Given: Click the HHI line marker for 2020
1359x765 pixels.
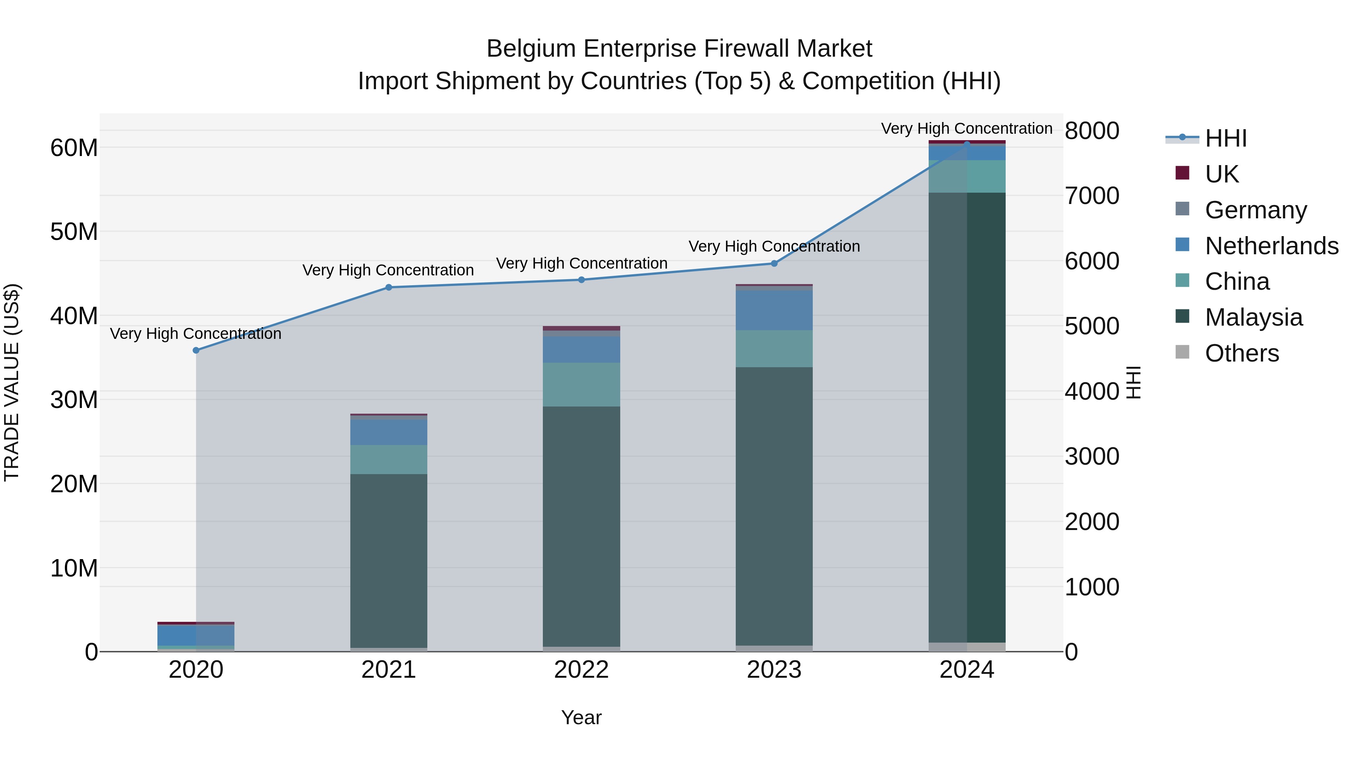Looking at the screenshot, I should coord(196,350).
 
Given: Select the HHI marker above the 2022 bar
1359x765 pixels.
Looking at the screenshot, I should coord(581,280).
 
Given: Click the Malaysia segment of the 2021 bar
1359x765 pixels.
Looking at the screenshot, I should coord(389,559).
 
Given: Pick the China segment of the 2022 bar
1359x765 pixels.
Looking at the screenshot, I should coord(581,384).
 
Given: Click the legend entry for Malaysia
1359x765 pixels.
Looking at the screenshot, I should coord(1253,317).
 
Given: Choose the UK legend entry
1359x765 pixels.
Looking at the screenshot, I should coord(1221,174).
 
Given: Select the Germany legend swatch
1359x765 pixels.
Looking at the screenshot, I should coord(1183,209).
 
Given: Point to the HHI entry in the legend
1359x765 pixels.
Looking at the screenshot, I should coord(1225,138).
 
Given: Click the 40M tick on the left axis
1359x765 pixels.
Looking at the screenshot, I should coord(74,316).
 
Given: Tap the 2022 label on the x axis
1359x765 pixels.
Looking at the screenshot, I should coord(581,670).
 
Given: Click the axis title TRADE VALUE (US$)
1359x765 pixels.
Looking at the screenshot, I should coord(12,382).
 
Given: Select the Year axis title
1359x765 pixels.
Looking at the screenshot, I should coord(581,717).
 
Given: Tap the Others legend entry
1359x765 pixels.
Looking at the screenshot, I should coord(1241,353).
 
